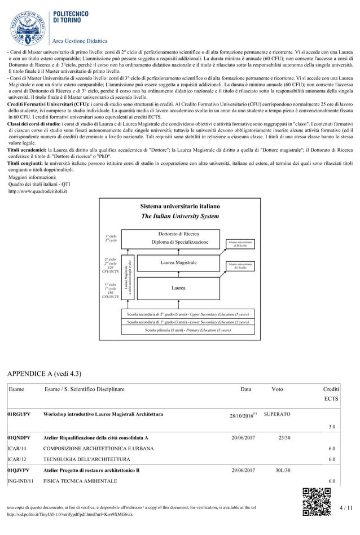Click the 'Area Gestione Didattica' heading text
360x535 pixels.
pyautogui.click(x=80, y=41)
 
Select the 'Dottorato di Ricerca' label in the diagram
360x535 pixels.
pyautogui.click(x=178, y=233)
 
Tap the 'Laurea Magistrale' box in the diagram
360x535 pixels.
pyautogui.click(x=178, y=262)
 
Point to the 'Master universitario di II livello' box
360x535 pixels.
pyautogui.click(x=240, y=244)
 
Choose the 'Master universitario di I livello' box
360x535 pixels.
pyautogui.click(x=240, y=265)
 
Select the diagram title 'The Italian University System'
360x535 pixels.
pyautogui.click(x=179, y=216)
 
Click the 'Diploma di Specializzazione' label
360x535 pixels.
pyautogui.click(x=179, y=242)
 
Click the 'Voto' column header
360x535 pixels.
pyautogui.click(x=277, y=389)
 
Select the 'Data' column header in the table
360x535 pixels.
pyautogui.click(x=246, y=389)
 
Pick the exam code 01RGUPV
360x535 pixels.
pyautogui.click(x=19, y=414)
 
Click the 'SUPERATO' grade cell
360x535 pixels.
pyautogui.click(x=277, y=414)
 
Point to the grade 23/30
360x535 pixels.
pyautogui.click(x=284, y=437)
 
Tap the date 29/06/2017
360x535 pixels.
pyautogui.click(x=243, y=470)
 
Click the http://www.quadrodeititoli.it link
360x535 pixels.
pyautogui.click(x=38, y=191)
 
